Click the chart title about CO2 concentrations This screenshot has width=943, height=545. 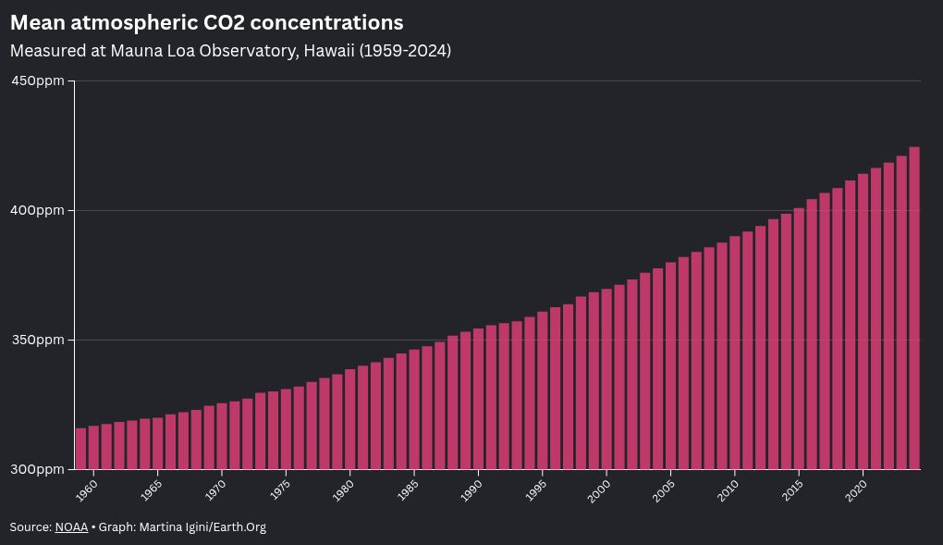[x=206, y=22]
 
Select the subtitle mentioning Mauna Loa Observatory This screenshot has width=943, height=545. [x=230, y=51]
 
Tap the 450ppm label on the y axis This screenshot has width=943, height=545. [x=37, y=81]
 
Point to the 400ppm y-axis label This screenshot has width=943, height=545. [x=37, y=211]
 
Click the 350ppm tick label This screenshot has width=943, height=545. [x=37, y=341]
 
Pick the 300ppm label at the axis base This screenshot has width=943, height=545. [x=37, y=469]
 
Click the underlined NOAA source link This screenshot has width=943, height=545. [x=71, y=527]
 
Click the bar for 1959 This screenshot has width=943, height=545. [x=80, y=449]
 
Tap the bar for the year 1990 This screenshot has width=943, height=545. [x=478, y=399]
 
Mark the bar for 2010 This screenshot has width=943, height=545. [x=735, y=353]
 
